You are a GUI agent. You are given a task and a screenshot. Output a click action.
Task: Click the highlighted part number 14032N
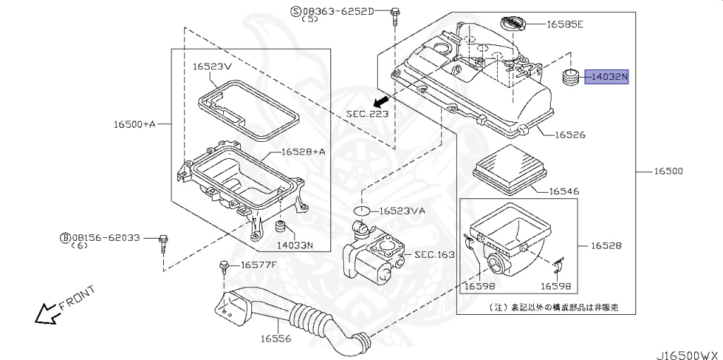click(606, 77)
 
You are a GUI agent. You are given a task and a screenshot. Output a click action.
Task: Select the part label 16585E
click(565, 24)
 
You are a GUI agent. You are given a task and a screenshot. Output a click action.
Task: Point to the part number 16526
click(570, 134)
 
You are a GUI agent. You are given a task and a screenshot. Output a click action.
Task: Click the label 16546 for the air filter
click(564, 191)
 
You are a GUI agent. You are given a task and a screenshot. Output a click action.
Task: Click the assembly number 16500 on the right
click(668, 172)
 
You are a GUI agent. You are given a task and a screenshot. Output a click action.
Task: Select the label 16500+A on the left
click(134, 124)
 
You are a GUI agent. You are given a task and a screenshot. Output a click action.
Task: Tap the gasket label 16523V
click(212, 66)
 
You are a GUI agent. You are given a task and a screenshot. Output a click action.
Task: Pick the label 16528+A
click(303, 151)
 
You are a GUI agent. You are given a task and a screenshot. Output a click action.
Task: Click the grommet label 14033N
click(294, 245)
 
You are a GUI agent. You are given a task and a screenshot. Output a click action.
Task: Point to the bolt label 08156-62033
click(104, 238)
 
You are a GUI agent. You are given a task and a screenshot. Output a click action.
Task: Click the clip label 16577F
click(258, 265)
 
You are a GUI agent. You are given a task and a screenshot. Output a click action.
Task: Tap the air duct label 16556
click(275, 339)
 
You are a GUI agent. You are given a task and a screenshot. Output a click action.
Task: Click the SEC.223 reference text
click(367, 113)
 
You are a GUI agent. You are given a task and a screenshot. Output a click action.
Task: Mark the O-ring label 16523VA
click(402, 210)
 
